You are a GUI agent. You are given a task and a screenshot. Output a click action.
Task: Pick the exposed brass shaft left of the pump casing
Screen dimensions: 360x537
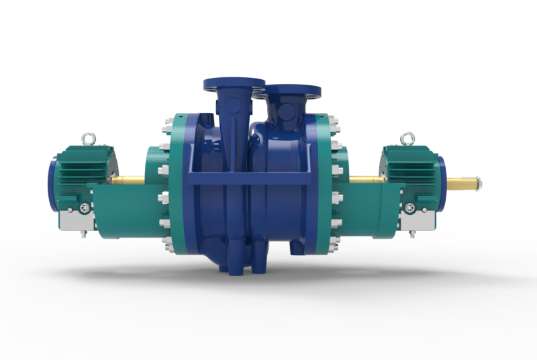click(x=128, y=179)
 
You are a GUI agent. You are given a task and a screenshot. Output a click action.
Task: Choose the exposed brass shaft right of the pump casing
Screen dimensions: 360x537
click(x=366, y=179)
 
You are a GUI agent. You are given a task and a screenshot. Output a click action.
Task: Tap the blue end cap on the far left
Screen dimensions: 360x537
click(x=52, y=183)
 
